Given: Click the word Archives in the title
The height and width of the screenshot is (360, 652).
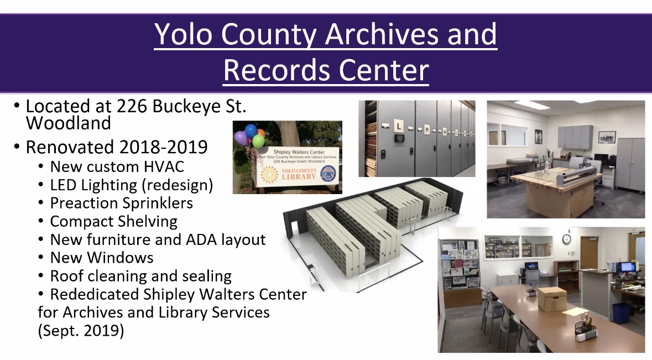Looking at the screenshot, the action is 382,34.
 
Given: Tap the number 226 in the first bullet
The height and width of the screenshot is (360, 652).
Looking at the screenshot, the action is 132,106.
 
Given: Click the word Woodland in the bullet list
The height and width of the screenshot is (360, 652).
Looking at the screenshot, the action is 68,123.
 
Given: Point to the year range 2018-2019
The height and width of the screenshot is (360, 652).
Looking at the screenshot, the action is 163,147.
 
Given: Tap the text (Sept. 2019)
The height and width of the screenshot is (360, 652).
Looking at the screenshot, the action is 81,331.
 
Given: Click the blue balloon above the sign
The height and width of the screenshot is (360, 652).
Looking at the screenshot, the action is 251,131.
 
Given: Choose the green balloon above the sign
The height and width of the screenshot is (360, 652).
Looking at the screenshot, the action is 258,142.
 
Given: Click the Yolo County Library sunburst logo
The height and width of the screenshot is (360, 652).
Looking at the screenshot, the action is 269,175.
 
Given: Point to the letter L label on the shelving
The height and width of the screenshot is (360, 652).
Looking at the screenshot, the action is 398,125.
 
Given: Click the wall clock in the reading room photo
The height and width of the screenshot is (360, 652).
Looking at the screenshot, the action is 566,239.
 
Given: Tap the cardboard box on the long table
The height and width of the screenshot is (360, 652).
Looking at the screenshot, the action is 552,299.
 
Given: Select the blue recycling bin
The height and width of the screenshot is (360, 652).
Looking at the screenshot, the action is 622,313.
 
